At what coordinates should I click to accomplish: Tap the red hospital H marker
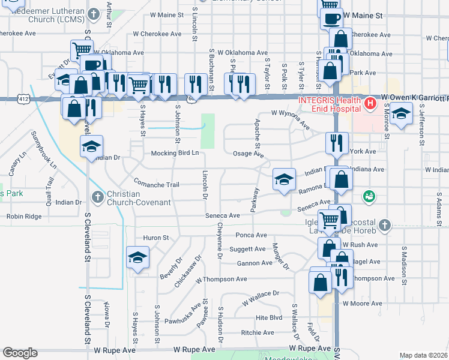370,103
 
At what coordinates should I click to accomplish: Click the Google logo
20,353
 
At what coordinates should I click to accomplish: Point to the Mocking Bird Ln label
175,153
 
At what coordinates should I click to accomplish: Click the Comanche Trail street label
156,185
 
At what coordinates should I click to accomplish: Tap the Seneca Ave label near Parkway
223,215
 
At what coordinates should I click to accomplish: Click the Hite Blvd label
269,317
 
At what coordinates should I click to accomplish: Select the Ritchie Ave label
258,332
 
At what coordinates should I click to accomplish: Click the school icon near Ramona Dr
285,179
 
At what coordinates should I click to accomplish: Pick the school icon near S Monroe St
401,113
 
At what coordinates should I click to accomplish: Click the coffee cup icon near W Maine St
330,18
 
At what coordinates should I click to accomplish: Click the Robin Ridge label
24,216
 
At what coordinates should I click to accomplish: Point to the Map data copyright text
424,355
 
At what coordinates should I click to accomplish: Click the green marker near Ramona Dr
369,196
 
